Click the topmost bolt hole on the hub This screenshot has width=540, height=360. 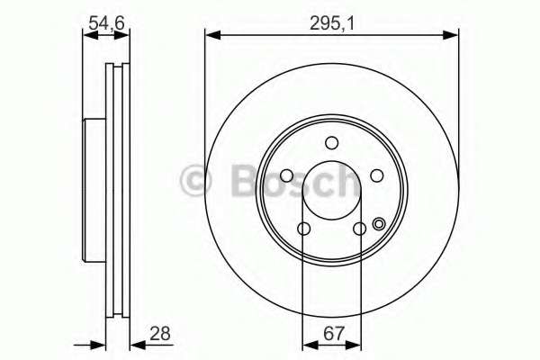(x=331, y=142)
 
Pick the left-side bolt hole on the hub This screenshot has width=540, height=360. (x=286, y=176)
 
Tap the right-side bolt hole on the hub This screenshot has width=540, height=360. (x=377, y=176)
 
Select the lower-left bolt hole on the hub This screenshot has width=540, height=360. (x=303, y=229)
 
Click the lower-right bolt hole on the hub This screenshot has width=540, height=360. (x=359, y=229)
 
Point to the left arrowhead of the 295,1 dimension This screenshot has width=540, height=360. (x=211, y=36)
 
